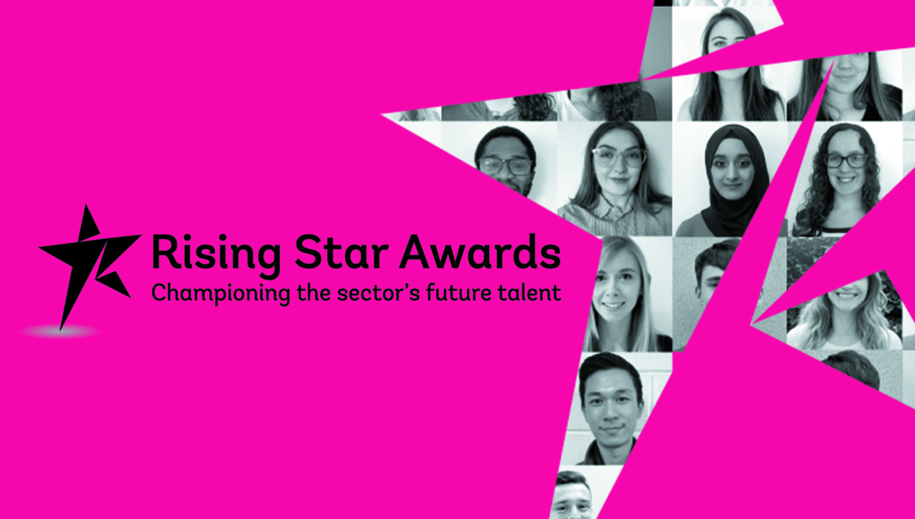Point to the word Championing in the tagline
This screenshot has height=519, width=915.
[x=220, y=293]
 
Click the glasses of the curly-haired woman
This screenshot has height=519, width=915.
[x=845, y=161]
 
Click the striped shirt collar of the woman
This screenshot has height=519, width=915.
[x=616, y=210]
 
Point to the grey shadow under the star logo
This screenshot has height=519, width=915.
[x=60, y=332]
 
